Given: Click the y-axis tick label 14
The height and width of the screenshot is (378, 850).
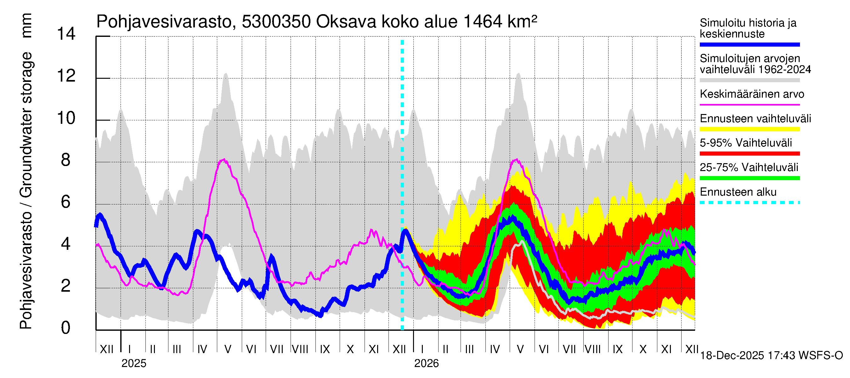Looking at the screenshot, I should tap(66, 34).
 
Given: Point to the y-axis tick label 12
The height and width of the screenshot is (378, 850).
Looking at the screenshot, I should tap(66, 76).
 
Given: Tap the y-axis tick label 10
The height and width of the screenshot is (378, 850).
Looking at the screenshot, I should tap(66, 118).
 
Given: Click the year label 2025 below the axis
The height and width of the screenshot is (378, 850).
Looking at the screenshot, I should tap(133, 364).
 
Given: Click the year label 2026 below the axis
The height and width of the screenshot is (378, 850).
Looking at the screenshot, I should tap(426, 364).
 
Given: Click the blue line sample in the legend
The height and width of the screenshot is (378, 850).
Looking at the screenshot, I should tap(749, 44).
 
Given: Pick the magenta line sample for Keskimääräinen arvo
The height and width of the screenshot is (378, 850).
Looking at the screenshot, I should tap(749, 105).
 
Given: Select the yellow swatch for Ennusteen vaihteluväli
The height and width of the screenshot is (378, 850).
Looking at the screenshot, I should tap(749, 129).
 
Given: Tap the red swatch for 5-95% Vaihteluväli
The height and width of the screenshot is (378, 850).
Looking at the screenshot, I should tap(749, 153).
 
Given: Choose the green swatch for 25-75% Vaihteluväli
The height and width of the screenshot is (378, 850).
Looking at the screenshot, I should tap(749, 178).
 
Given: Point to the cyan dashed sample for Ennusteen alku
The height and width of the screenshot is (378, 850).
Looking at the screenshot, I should tap(749, 202).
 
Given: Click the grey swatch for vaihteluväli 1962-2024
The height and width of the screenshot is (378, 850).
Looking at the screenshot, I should tap(749, 80).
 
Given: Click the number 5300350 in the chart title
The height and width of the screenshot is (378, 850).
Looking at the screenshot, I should tap(276, 22).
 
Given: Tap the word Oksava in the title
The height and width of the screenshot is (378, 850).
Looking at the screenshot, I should tap(346, 22).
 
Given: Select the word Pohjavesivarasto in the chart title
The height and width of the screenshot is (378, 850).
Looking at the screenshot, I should tap(164, 22).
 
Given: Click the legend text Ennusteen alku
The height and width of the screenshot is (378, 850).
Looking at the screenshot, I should tap(738, 192).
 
